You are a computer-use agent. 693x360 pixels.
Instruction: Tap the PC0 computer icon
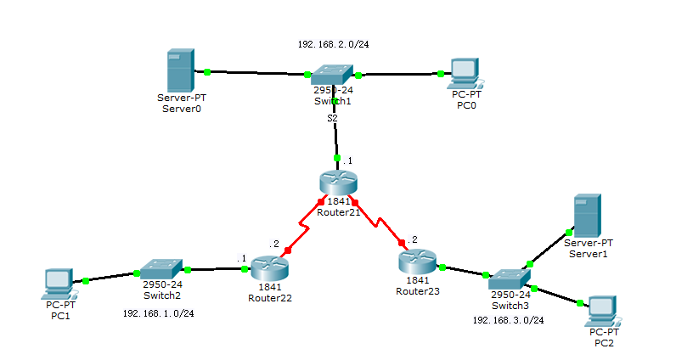[463, 73]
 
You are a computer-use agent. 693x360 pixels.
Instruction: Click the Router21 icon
[339, 183]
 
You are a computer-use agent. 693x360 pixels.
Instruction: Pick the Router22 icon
[270, 269]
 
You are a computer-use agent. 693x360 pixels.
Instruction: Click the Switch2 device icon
[161, 269]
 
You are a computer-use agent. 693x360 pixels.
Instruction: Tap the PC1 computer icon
[59, 283]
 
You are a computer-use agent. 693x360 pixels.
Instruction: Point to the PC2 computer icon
[601, 310]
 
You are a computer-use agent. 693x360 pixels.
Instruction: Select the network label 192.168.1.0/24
[158, 313]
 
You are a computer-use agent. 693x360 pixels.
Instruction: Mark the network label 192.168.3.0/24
[508, 320]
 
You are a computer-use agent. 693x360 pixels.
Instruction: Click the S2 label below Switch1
[333, 118]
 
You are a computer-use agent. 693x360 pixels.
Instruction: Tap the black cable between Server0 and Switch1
[255, 73]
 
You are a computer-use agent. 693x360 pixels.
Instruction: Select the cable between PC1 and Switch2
[110, 276]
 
